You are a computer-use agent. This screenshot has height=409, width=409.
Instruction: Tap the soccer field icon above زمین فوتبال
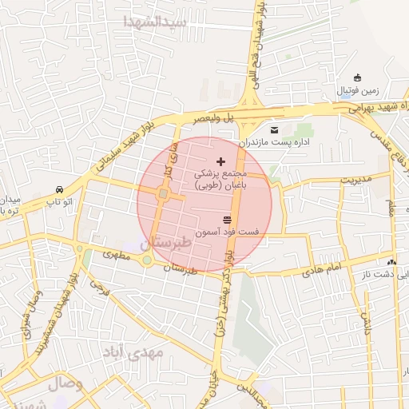coord(357,77)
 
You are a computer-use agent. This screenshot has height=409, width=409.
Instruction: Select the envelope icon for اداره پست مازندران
coord(275,129)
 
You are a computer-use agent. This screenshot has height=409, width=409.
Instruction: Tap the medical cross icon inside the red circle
coord(221,161)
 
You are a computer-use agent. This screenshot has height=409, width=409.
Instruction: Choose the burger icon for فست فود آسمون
coord(228,219)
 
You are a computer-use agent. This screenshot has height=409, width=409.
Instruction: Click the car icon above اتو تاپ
coord(60,189)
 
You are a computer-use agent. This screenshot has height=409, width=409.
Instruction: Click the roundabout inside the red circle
coord(163,193)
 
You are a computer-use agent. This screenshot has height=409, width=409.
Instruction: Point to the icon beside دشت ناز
coord(391,261)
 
